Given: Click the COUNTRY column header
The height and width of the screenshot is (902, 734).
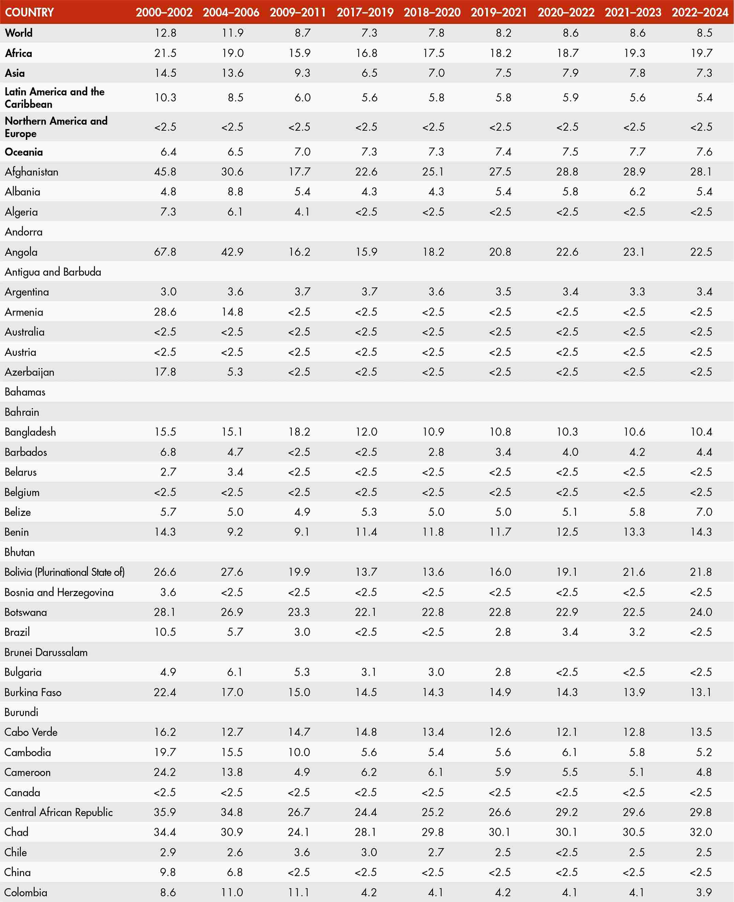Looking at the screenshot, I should coord(29,12).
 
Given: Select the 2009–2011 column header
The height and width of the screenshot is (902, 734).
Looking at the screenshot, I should coord(298,12).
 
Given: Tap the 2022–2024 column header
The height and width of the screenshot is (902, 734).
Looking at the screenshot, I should coord(700,12).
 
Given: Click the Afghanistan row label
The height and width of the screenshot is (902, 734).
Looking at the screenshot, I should coord(32,172).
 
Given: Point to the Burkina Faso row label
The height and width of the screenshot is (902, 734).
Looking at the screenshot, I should coord(33,692).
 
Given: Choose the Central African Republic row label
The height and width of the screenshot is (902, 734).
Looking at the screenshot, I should coord(58,812).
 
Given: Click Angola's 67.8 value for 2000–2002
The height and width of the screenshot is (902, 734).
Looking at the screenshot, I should coord(165,252).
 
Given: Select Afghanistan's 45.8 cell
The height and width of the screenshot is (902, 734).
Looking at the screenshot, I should coord(165,172).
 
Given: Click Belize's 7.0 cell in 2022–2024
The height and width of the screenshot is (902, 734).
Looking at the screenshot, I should coord(704,512).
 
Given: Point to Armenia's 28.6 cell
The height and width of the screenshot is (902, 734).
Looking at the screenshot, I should coord(165,312).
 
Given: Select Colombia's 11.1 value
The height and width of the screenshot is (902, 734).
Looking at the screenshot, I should coord(299,892).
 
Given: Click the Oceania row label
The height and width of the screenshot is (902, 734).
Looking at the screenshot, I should coord(24,152).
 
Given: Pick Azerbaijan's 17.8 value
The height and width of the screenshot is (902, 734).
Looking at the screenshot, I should coord(165,372).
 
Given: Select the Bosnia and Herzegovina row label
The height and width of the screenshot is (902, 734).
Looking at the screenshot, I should coord(59,592).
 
